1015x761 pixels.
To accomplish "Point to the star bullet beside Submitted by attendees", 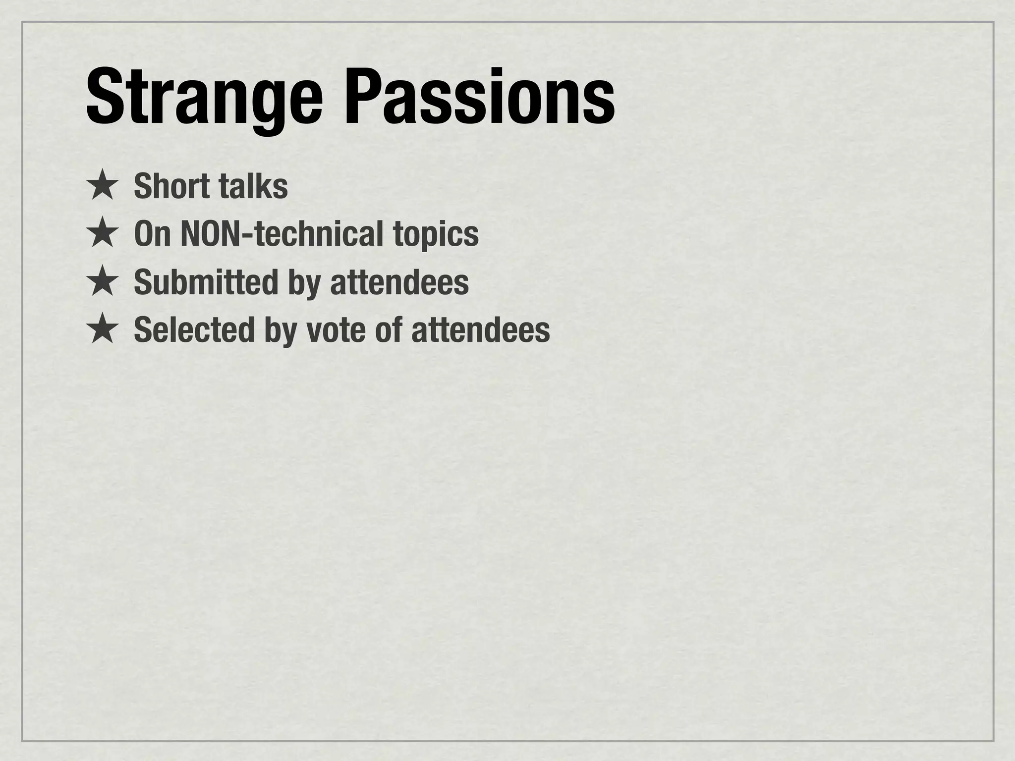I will pos(102,281).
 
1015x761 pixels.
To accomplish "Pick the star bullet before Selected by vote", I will pos(102,329).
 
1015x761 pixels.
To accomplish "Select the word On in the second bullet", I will pos(152,234).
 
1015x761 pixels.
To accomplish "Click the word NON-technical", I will pos(282,234).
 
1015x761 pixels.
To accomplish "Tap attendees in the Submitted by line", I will pos(399,282).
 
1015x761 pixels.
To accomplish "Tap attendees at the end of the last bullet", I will pos(480,330).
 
